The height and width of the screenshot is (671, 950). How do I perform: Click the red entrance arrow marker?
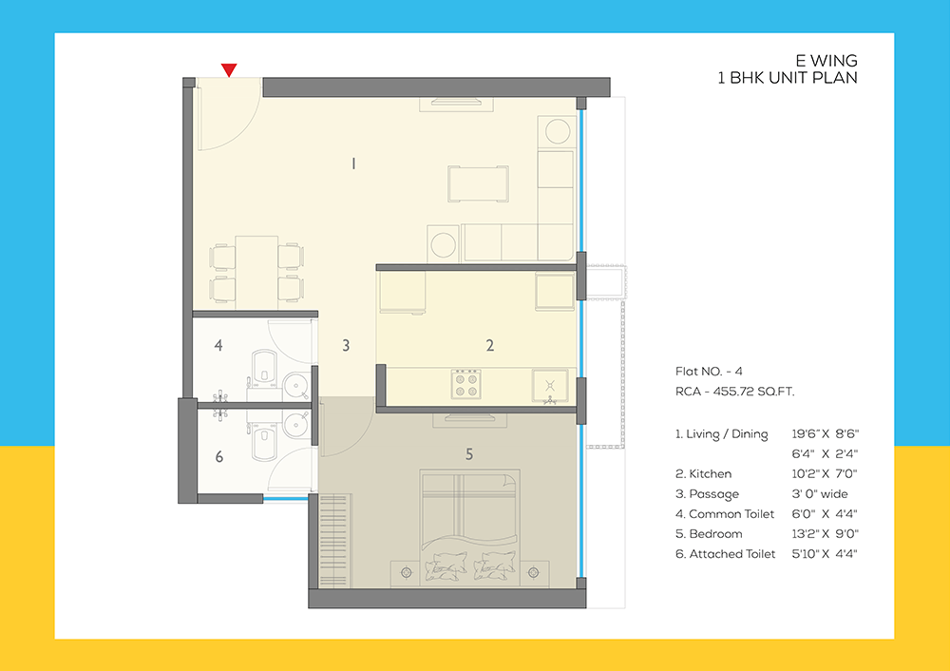coord(228,69)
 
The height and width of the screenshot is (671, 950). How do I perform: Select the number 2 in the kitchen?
coord(490,346)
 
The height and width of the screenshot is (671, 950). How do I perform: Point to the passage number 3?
coord(347,346)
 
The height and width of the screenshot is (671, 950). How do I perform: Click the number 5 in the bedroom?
coord(468,454)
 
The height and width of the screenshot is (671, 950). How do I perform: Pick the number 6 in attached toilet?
coord(218,457)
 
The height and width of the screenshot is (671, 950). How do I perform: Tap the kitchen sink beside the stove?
coord(550,386)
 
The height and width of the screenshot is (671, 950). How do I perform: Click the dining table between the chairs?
coord(256,270)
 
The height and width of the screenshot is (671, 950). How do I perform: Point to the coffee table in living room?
coord(478,183)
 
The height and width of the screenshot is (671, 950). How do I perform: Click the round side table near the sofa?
coord(443,243)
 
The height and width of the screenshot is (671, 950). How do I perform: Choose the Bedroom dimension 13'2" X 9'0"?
coord(825,533)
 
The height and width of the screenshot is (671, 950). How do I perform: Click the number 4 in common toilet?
coord(218,346)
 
